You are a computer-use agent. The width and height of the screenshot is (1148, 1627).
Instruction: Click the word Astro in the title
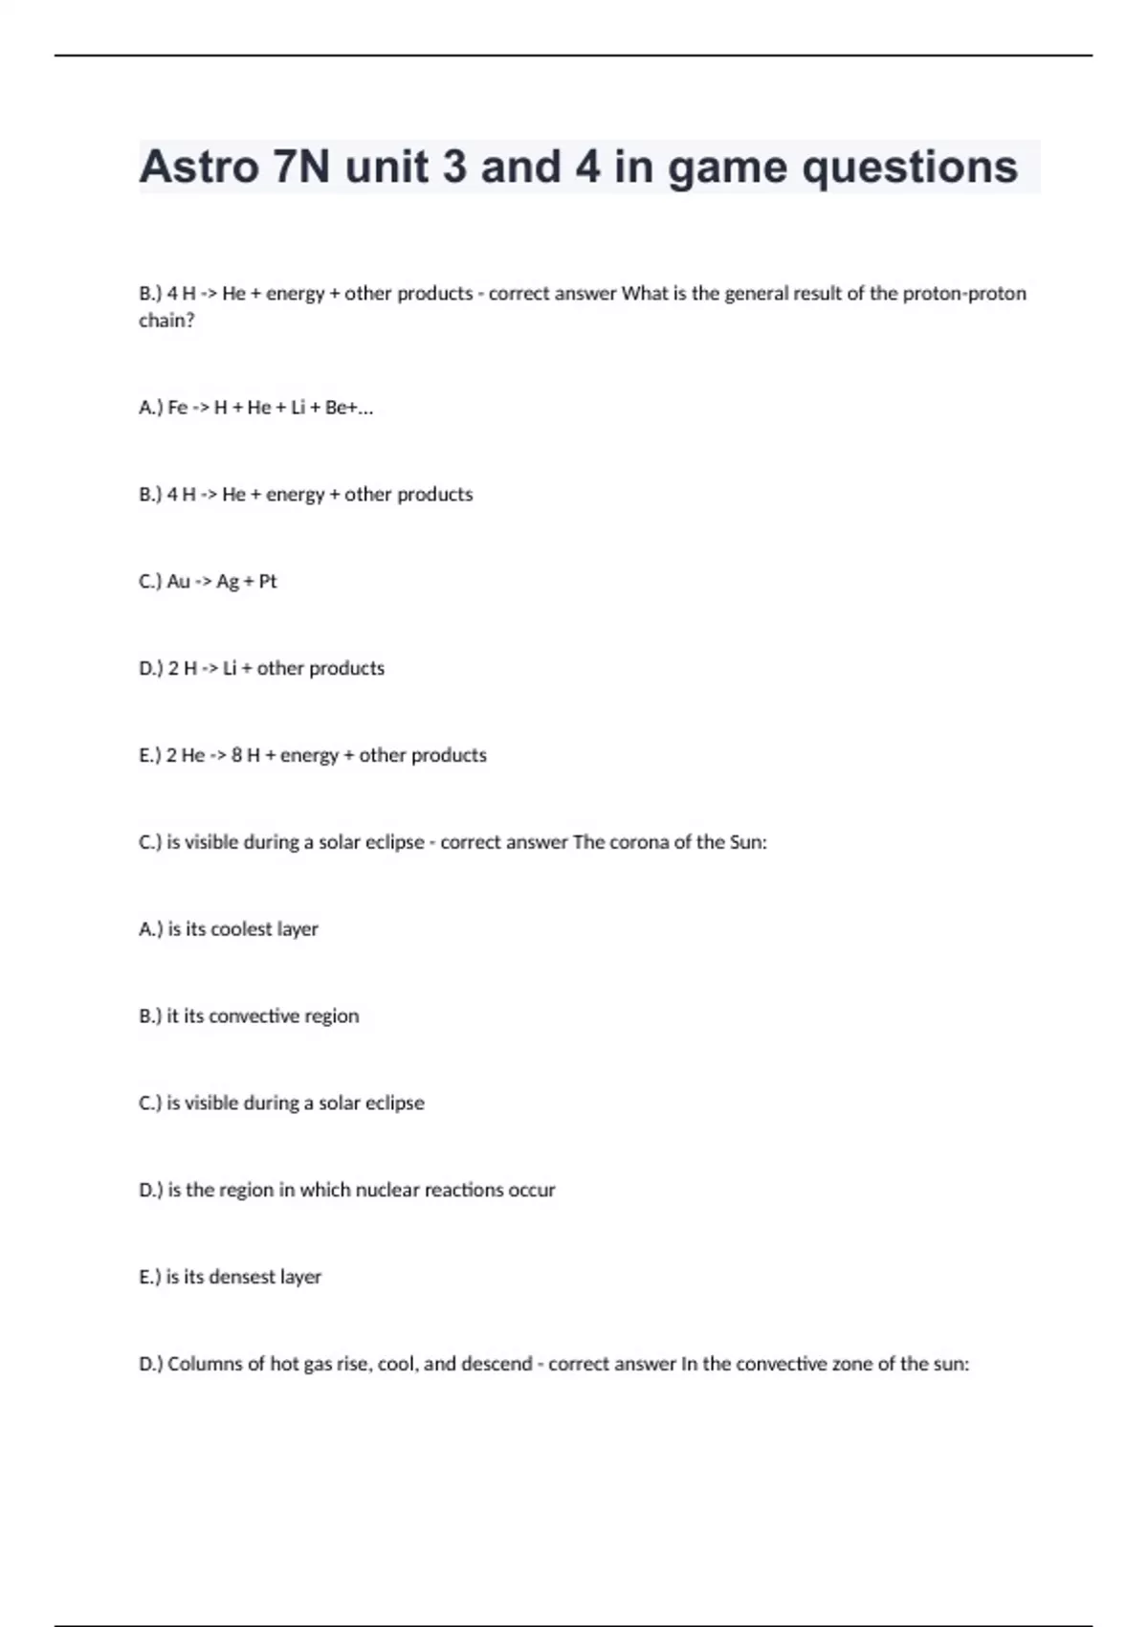(199, 167)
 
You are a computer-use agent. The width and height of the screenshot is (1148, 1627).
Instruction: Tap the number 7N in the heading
(301, 167)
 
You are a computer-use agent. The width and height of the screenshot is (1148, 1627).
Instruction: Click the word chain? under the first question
(166, 321)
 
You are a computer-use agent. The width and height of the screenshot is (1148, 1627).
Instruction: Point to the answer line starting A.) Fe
(255, 408)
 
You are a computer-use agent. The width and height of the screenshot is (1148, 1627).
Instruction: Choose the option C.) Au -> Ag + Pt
(208, 582)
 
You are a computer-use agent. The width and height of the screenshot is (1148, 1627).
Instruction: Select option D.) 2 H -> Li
(261, 669)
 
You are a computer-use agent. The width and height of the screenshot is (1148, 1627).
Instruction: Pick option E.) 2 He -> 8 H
(312, 756)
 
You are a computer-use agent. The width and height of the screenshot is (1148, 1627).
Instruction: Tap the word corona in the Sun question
(637, 842)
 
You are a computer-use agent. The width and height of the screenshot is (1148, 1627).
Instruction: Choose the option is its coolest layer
(229, 929)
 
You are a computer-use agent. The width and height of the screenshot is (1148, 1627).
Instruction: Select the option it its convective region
(249, 1016)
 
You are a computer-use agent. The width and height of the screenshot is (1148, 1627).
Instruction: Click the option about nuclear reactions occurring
(346, 1191)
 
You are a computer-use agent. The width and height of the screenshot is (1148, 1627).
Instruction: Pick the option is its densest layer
(230, 1278)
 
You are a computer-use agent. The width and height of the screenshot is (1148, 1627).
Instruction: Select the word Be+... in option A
(349, 408)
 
